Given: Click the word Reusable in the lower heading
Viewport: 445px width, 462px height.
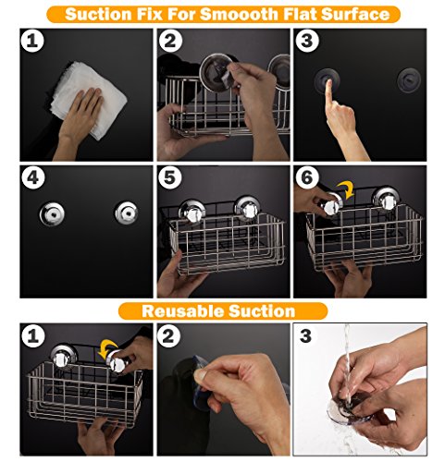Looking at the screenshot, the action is [x=182, y=311].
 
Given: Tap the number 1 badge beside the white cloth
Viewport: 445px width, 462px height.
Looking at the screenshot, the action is [x=32, y=41].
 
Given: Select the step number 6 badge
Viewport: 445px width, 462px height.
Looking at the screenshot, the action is [x=306, y=177].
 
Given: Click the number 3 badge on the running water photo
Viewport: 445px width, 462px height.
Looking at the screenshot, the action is [x=305, y=335].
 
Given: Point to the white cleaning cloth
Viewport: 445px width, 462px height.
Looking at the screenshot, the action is [x=90, y=99].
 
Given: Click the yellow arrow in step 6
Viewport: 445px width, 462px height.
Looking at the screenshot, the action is [x=346, y=189].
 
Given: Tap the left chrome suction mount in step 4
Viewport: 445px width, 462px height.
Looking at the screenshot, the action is [x=52, y=213].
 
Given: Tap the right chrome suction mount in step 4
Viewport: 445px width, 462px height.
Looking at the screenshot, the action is [x=127, y=213].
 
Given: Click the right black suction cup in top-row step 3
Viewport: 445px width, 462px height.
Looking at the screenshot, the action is [x=409, y=80].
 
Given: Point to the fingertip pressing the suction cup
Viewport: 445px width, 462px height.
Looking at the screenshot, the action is [x=328, y=82].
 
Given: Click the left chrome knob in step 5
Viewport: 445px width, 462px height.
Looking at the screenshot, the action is [x=192, y=212].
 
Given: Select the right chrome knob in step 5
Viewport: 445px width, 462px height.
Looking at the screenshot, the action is [x=247, y=209].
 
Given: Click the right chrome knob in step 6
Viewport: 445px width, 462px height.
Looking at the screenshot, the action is [x=386, y=198].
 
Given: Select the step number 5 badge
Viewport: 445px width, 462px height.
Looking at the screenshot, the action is [x=169, y=177].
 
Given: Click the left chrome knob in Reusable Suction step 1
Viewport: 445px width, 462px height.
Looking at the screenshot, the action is [x=64, y=357].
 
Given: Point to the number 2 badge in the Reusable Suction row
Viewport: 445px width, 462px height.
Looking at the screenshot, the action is [x=168, y=335].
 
